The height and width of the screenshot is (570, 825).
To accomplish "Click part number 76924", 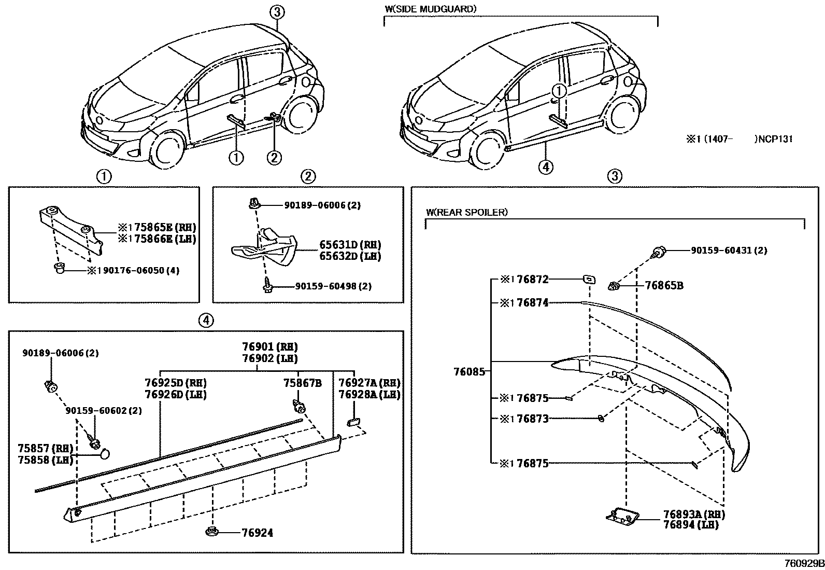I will (257, 533).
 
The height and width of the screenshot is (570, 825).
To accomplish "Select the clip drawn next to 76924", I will (212, 531).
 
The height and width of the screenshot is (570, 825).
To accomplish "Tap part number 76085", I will (469, 371).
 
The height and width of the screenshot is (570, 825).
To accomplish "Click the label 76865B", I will (664, 285).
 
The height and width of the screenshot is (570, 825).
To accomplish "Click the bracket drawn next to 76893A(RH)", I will (621, 516).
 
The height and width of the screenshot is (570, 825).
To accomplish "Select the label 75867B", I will (302, 383).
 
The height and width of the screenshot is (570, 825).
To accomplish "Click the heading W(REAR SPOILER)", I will (466, 212).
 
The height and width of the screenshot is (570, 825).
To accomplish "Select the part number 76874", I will (532, 303).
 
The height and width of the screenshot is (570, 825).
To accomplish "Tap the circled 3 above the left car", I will (277, 11).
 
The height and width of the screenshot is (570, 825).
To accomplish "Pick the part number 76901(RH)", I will (269, 347).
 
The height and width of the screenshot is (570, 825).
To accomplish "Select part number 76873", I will (532, 419).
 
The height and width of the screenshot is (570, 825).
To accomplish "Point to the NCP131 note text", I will (775, 138).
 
